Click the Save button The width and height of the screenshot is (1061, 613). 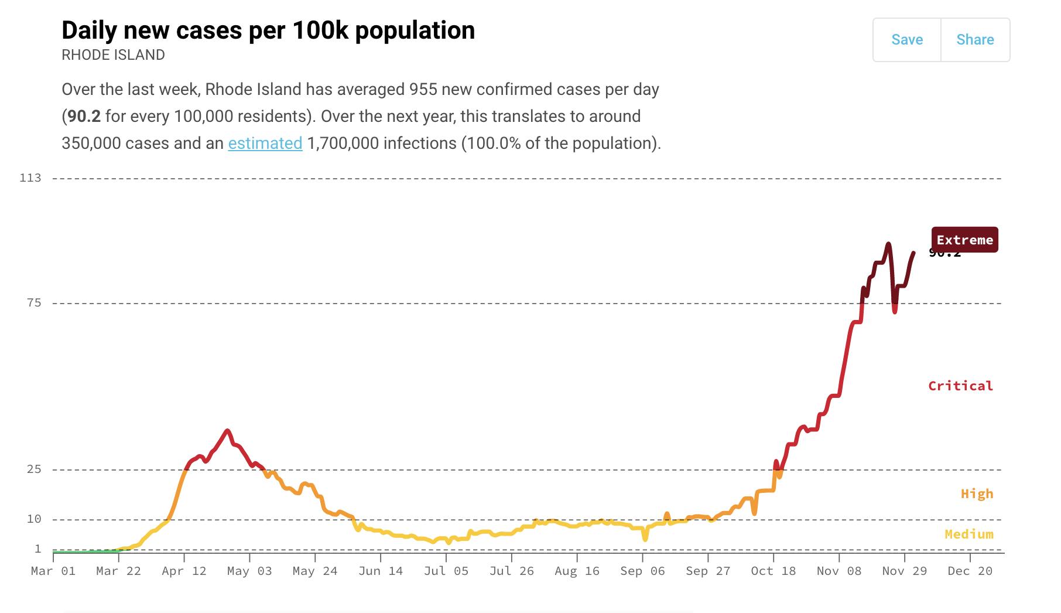click(x=906, y=40)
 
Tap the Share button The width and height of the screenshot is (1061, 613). click(x=975, y=40)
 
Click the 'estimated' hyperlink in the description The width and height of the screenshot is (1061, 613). click(x=265, y=143)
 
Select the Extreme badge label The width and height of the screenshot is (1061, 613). click(x=964, y=240)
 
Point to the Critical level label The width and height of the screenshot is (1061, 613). click(x=960, y=386)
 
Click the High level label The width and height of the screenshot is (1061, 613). click(x=977, y=493)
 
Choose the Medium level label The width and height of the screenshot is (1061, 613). click(x=968, y=534)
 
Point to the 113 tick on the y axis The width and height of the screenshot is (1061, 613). click(x=30, y=178)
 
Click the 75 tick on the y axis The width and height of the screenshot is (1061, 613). click(x=34, y=302)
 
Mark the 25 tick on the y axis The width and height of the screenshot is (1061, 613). click(x=34, y=469)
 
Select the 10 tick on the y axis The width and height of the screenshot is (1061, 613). click(x=34, y=519)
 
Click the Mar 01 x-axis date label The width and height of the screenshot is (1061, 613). click(x=53, y=571)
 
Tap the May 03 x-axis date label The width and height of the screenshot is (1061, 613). click(x=249, y=571)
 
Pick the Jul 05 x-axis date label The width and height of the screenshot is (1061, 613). click(x=446, y=571)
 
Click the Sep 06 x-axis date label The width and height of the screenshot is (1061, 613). click(x=642, y=571)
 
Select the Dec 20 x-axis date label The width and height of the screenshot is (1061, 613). click(x=970, y=571)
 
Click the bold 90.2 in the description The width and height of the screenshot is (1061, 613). click(x=84, y=116)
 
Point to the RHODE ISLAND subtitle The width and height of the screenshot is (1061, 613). click(x=113, y=55)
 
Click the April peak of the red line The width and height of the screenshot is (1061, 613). click(x=227, y=431)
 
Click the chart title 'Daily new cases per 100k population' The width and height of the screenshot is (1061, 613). click(x=268, y=30)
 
